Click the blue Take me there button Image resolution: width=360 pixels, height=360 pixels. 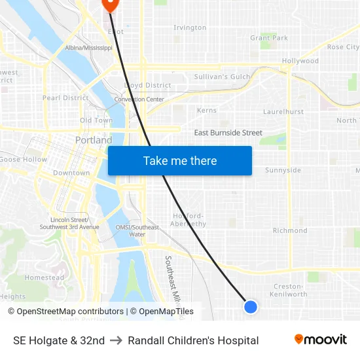[x=180, y=160]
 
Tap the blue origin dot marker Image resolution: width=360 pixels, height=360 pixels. [x=250, y=306]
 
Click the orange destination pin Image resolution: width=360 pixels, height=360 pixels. [x=109, y=4]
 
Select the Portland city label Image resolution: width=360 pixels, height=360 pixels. [x=94, y=140]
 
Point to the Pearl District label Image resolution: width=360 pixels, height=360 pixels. [x=65, y=98]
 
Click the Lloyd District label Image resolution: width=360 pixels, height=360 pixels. [x=147, y=85]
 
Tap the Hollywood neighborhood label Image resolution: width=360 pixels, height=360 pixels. [x=300, y=61]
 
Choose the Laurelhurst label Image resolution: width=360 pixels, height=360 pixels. [x=283, y=112]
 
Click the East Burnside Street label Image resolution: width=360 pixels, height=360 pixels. [x=228, y=133]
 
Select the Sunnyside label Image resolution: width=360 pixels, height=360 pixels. [x=283, y=170]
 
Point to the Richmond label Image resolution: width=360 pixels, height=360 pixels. [x=290, y=230]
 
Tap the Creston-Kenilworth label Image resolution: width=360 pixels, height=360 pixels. [x=289, y=290]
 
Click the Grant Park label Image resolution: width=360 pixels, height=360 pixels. [x=269, y=38]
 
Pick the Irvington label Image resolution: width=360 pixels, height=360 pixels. [x=190, y=27]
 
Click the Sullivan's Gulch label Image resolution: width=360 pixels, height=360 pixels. [x=223, y=77]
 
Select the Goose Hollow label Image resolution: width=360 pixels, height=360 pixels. [x=24, y=159]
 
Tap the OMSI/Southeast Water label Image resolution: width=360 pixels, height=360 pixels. [x=137, y=230]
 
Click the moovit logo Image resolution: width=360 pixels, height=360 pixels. [x=320, y=340]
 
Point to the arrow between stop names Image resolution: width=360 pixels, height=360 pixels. [x=116, y=340]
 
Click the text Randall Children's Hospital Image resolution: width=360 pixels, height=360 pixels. [x=193, y=340]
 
